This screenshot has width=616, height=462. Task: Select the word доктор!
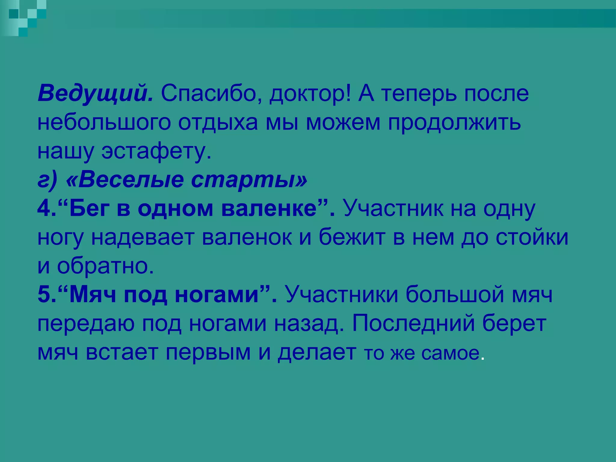click(310, 94)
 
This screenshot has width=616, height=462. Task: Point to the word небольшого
click(104, 123)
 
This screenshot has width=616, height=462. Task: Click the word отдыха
click(218, 123)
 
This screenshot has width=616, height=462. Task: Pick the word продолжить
click(454, 123)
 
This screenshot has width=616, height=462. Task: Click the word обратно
click(105, 266)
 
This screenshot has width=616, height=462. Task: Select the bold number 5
click(44, 295)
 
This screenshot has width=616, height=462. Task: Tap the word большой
click(454, 295)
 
